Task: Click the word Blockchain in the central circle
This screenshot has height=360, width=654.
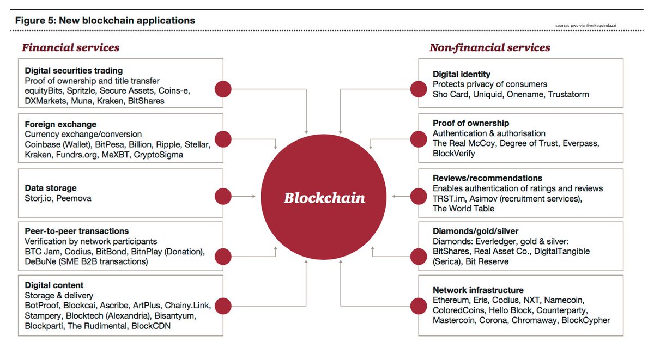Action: [324, 198]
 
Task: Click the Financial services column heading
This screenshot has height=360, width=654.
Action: [70, 48]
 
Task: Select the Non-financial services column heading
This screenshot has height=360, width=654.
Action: [489, 48]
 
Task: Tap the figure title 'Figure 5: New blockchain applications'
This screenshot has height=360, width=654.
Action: [105, 21]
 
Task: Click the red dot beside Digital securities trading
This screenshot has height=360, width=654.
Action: [223, 89]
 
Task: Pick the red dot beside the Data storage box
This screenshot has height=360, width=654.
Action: [223, 197]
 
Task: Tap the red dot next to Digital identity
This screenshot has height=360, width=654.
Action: [419, 89]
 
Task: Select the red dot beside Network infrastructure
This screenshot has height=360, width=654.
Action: [419, 305]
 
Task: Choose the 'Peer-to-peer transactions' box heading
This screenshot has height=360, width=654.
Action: [77, 231]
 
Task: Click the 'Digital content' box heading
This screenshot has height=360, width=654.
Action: [54, 285]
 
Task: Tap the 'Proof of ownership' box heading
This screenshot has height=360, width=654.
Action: [471, 123]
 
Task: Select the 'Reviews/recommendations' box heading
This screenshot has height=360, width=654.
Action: [487, 178]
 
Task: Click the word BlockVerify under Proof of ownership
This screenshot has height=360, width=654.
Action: [454, 154]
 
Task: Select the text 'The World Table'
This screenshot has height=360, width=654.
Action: [464, 209]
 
